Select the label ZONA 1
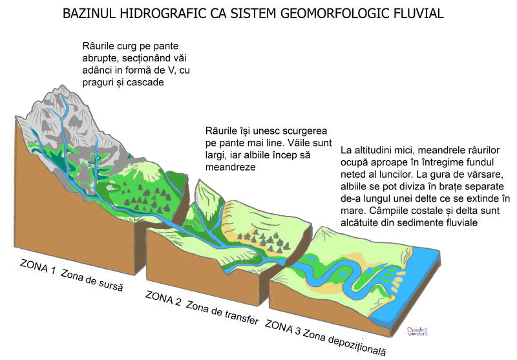(38, 268)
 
